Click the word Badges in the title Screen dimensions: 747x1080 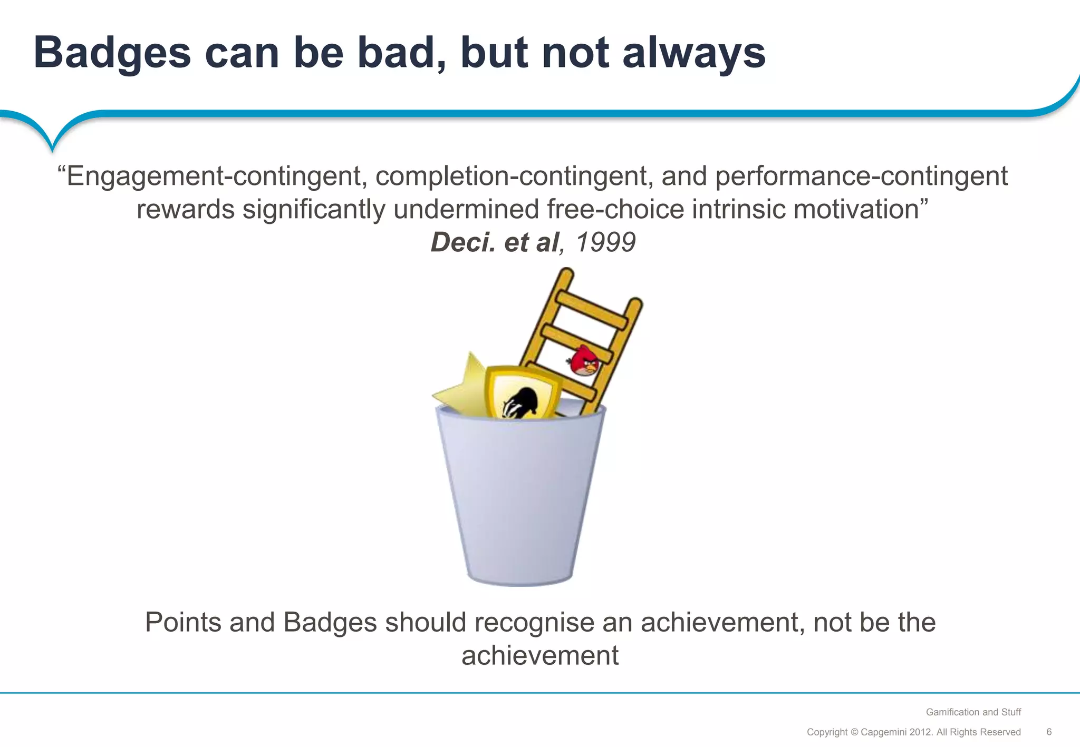112,54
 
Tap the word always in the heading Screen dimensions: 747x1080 694,54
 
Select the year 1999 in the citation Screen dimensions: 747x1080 605,242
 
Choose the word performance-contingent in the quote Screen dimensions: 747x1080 861,176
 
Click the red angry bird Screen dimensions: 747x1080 585,361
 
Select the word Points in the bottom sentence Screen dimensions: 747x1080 183,622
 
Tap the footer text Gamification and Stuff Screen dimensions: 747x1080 973,712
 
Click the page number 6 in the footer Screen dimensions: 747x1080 1049,732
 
